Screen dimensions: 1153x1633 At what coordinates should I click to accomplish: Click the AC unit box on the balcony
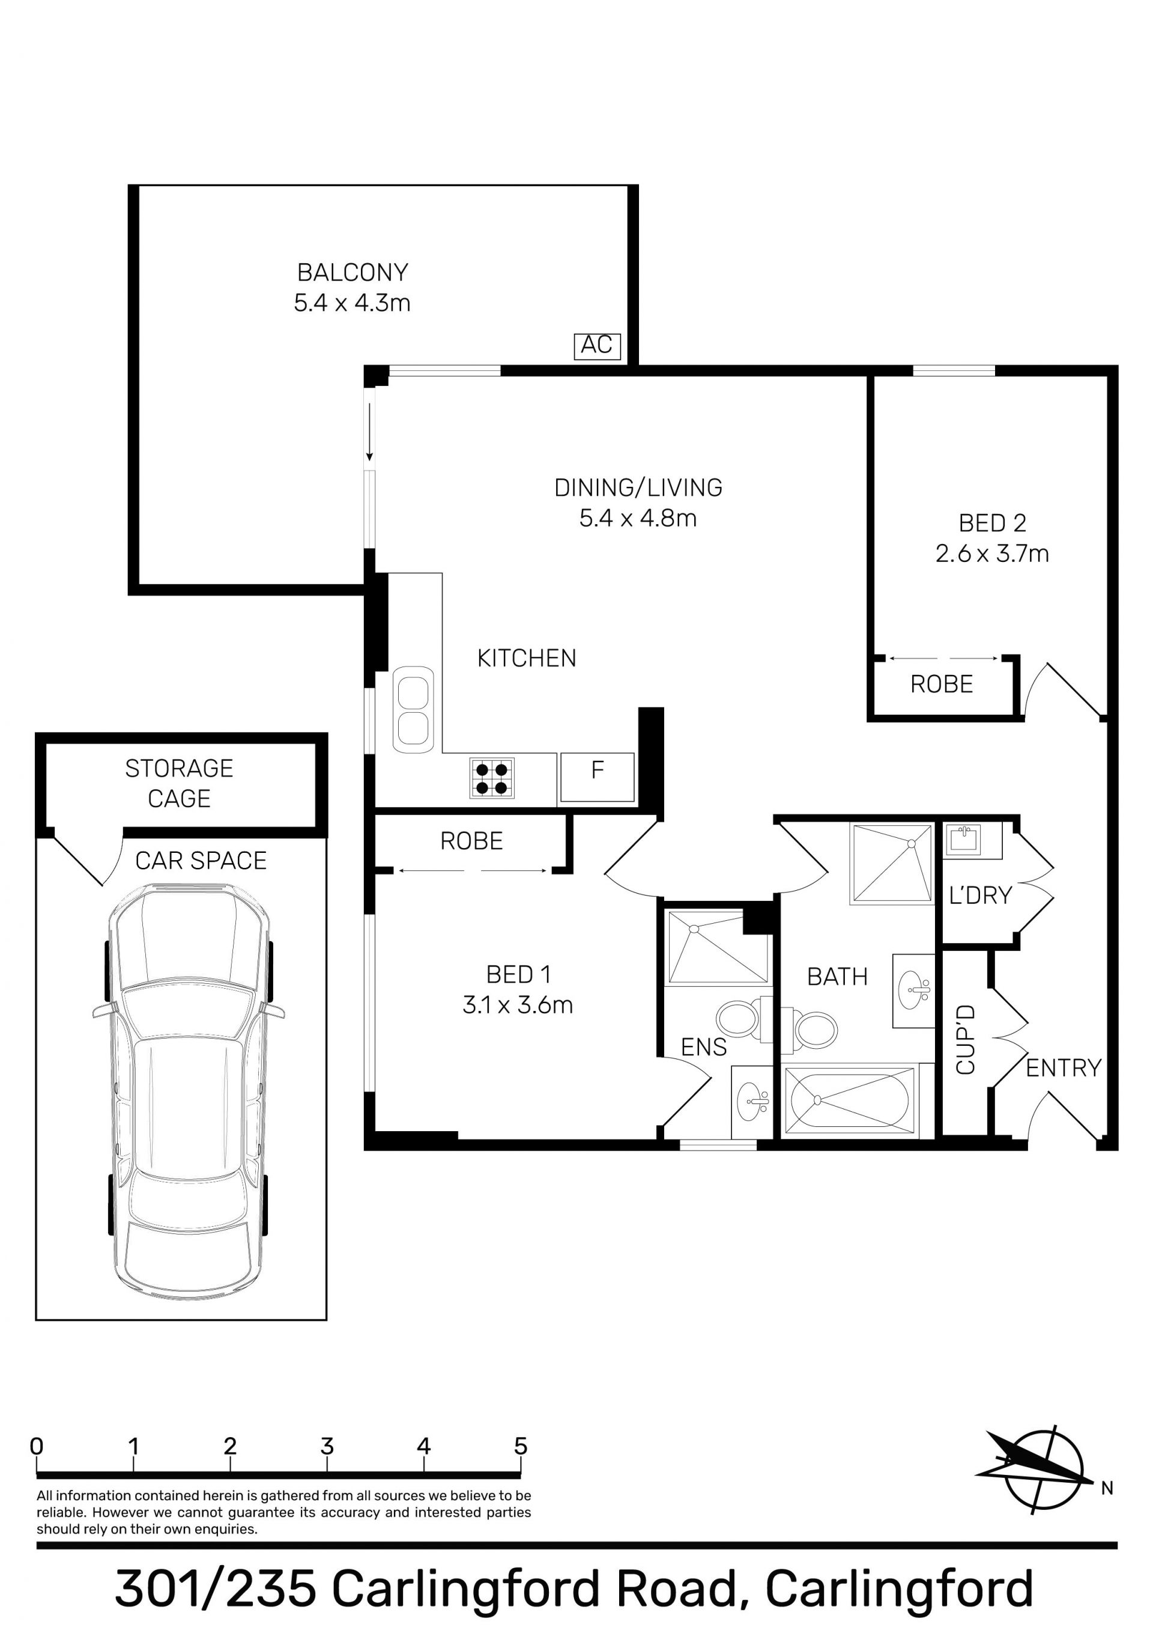coord(597,346)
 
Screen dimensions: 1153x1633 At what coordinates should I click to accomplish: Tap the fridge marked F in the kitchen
coord(597,777)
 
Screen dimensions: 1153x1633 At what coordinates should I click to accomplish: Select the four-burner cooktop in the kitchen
coord(492,778)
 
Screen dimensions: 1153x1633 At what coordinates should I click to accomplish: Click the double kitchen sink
coord(413,709)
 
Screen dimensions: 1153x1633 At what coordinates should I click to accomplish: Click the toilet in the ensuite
coord(743,1019)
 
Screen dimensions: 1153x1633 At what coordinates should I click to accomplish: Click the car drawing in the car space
coord(189,1090)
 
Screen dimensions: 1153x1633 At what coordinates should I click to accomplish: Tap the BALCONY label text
coord(353,272)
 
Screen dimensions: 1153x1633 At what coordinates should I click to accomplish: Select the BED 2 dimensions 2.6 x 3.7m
coord(991,554)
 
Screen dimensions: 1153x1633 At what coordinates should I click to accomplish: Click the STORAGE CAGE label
coord(179,783)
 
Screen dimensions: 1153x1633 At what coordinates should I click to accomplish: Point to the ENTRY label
coord(1064,1067)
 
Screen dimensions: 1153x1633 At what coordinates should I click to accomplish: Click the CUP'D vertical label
coord(965,1040)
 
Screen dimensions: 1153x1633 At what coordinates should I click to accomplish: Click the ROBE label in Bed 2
coord(941,684)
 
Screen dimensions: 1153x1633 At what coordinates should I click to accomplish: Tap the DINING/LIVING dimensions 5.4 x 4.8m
coord(638,517)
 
